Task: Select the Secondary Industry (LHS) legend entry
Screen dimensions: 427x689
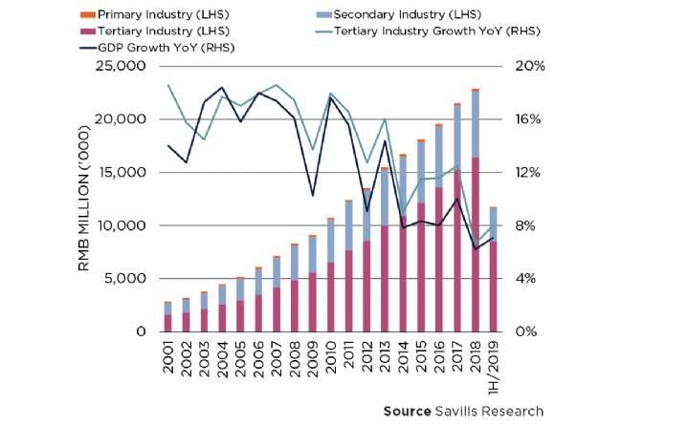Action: (396, 15)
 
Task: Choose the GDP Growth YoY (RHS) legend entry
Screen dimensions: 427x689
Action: (167, 48)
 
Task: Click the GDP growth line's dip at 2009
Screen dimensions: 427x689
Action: (312, 195)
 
